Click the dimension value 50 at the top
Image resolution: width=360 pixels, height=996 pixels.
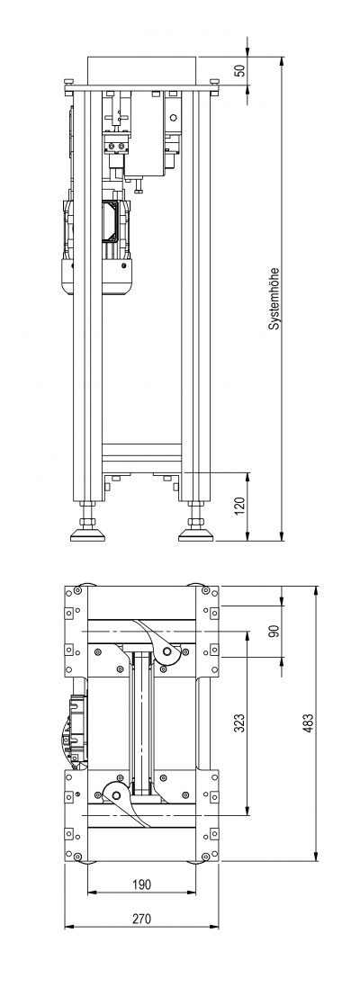(x=239, y=70)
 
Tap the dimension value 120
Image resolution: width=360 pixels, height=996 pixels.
(x=239, y=507)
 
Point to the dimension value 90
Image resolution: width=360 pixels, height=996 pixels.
(x=274, y=632)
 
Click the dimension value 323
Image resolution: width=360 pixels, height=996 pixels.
(x=239, y=722)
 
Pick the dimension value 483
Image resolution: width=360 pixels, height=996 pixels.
(x=310, y=723)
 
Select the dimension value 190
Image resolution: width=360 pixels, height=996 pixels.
(x=141, y=884)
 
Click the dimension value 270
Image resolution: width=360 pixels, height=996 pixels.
(x=141, y=919)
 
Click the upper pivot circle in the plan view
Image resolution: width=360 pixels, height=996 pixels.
(x=168, y=652)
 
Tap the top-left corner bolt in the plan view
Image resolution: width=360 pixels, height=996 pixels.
(x=76, y=591)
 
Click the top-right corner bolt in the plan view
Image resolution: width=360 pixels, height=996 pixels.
(x=205, y=591)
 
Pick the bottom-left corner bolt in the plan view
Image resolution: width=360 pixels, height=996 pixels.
(x=76, y=857)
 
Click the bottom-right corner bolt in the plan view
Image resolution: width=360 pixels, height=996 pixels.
(x=205, y=857)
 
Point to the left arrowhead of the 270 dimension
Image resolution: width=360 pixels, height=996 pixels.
(x=69, y=927)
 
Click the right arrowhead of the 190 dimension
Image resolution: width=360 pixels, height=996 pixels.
(x=191, y=893)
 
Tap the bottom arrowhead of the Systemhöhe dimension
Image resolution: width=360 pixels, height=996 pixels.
(x=281, y=536)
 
